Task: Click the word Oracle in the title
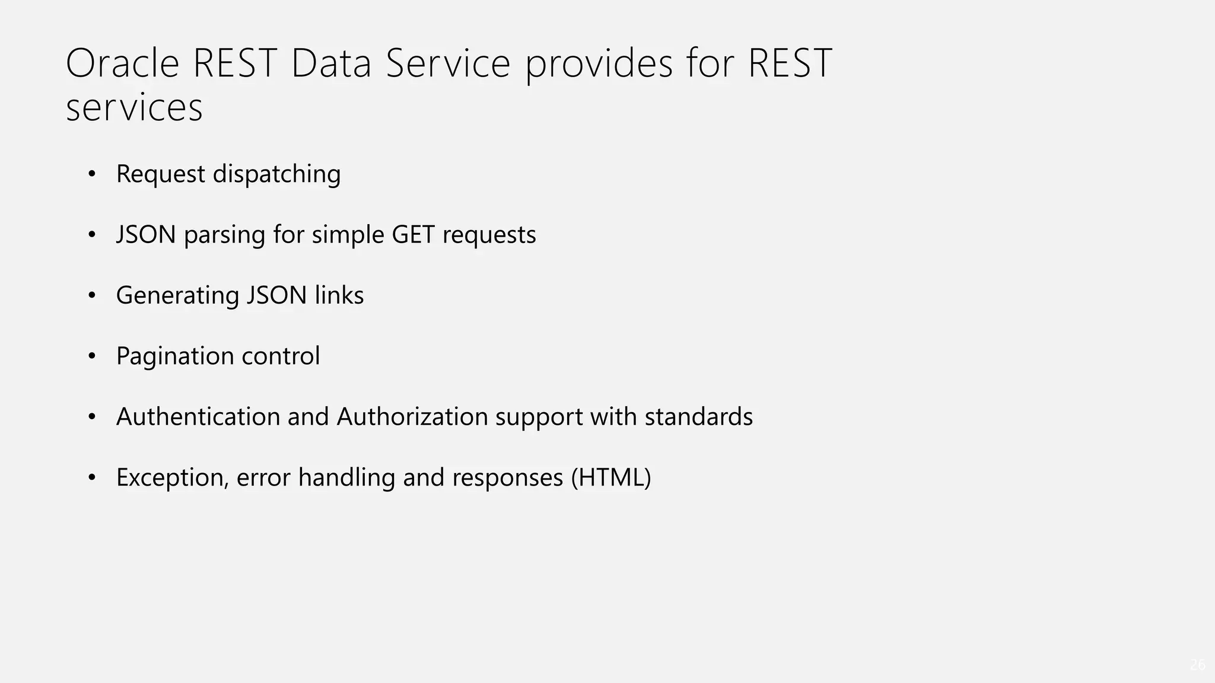[122, 63]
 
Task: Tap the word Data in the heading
[330, 63]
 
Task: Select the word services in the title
[134, 108]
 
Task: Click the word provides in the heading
[599, 63]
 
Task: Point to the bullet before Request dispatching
[91, 174]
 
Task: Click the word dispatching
[276, 174]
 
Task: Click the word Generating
[177, 296]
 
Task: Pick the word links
[339, 296]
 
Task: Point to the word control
[281, 356]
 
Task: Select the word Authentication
[198, 417]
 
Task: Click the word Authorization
[412, 417]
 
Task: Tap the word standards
[698, 417]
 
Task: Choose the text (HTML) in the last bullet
[610, 478]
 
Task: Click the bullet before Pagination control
[91, 356]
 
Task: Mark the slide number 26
[1197, 665]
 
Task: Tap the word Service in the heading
[448, 63]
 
